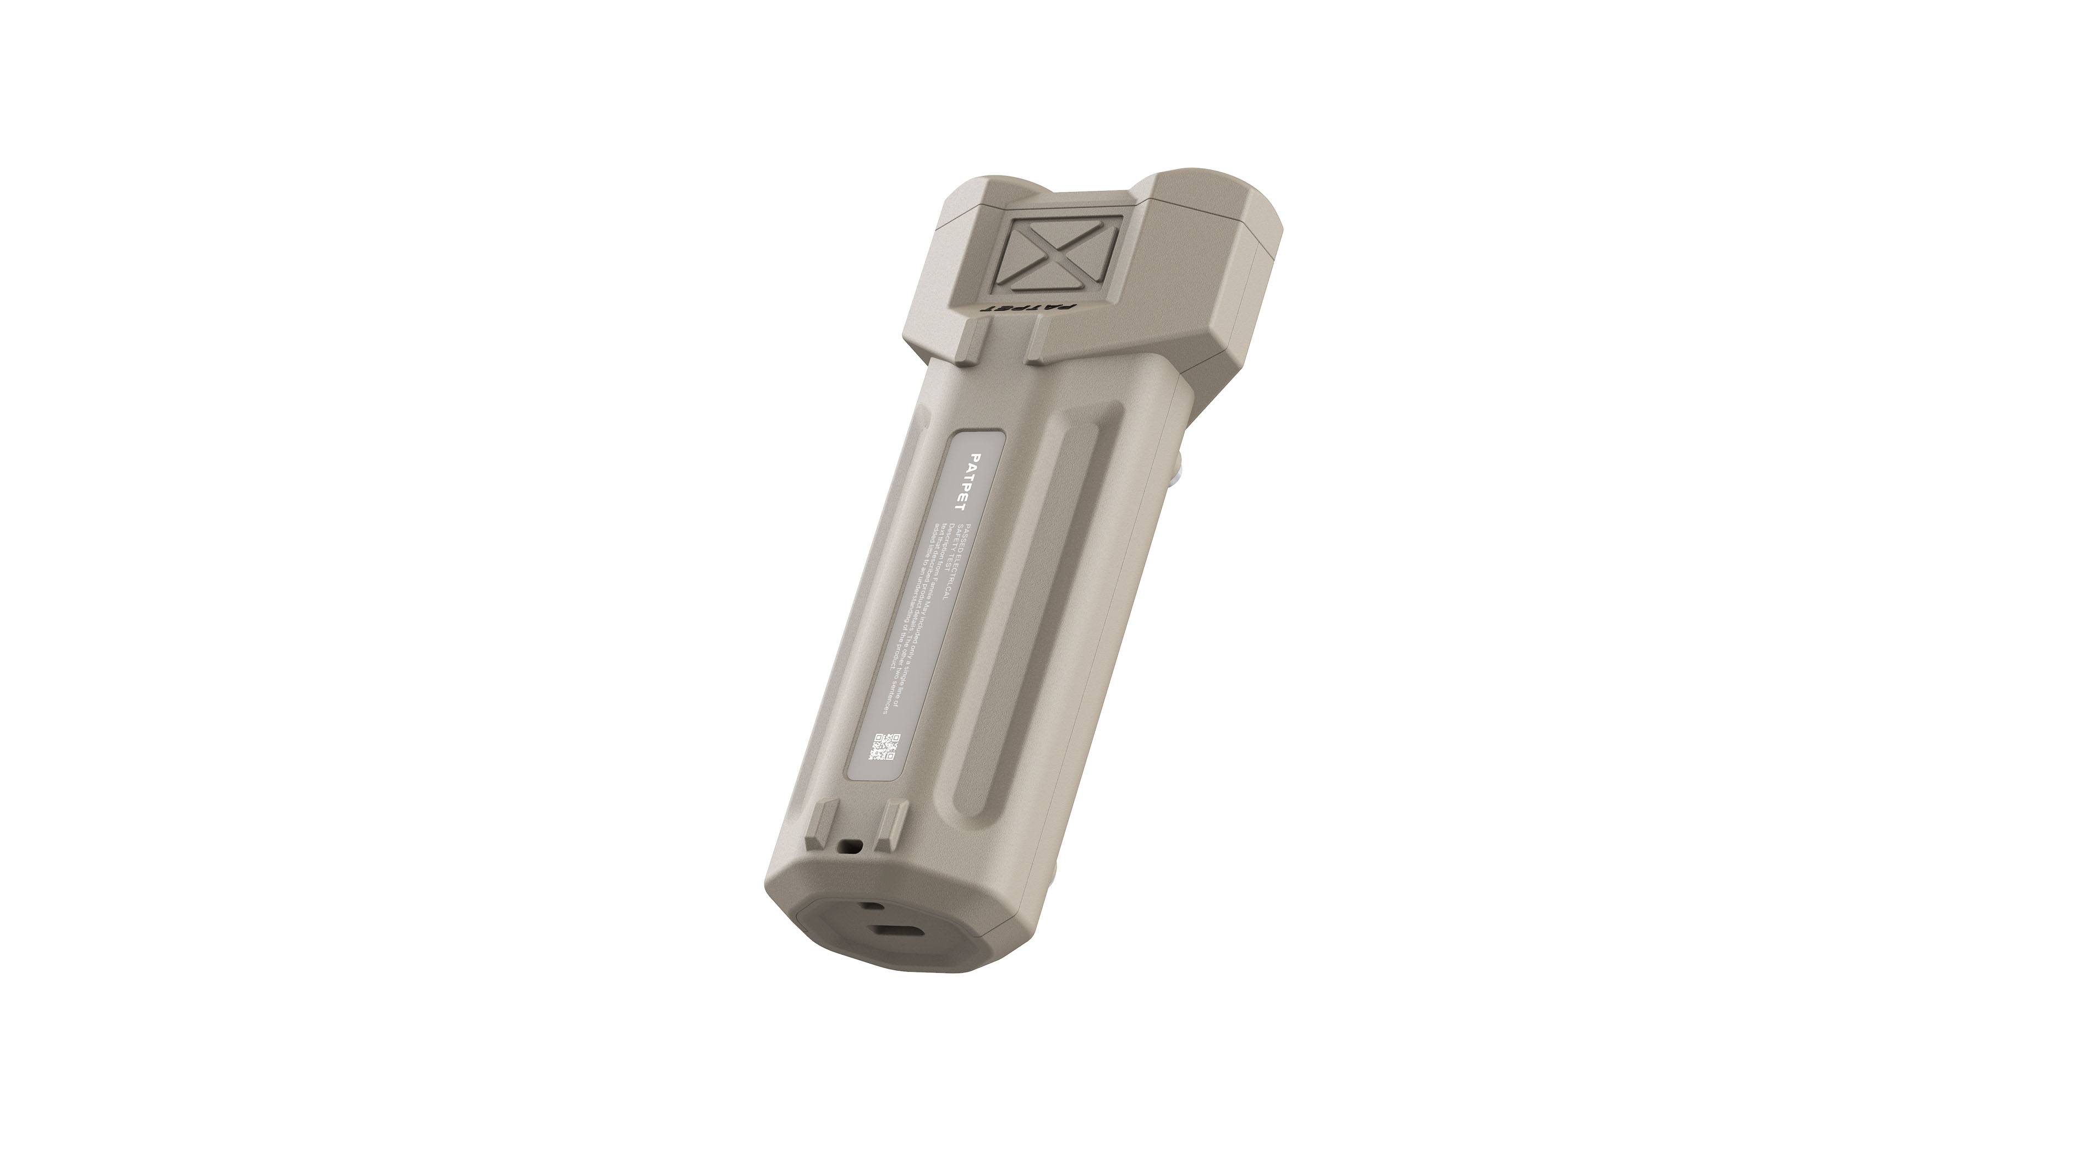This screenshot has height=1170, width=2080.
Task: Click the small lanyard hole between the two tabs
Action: click(x=850, y=846)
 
